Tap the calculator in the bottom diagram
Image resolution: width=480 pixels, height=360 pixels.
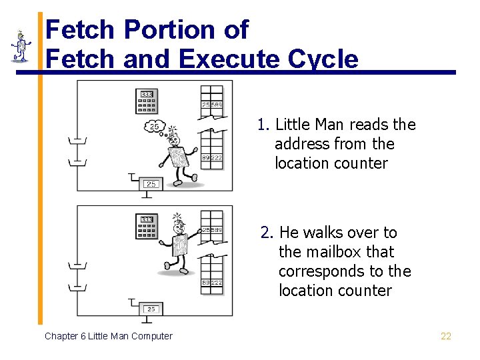click(x=147, y=227)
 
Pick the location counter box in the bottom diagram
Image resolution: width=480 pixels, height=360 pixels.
click(x=151, y=309)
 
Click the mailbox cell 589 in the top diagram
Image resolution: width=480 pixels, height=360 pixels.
click(x=217, y=105)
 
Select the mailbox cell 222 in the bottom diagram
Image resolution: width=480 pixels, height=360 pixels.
click(x=217, y=283)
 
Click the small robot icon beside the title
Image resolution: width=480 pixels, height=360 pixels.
click(x=21, y=45)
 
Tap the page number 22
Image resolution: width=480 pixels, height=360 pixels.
click(x=446, y=336)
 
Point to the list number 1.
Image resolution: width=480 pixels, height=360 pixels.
click(x=263, y=125)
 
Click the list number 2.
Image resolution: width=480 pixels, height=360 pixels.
click(x=266, y=233)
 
